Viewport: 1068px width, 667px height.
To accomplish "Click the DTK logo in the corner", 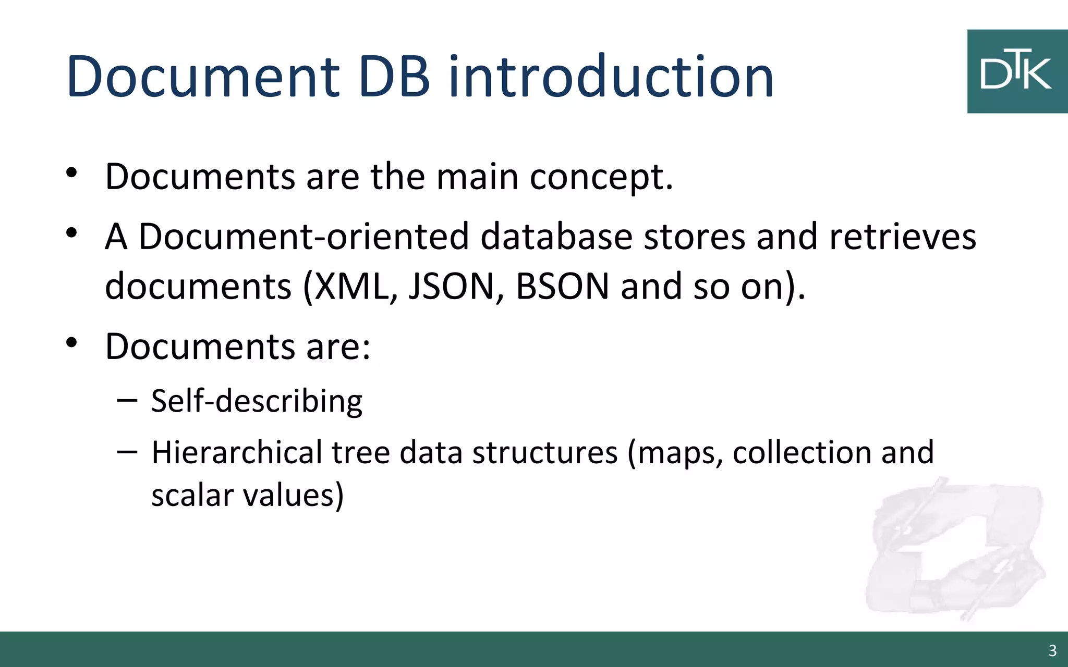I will (1016, 71).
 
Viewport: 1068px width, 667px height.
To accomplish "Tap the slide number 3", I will (1052, 651).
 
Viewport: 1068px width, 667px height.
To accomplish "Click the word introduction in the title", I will (611, 77).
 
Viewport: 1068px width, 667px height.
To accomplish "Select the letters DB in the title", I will (395, 77).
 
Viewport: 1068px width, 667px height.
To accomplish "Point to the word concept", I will (601, 177).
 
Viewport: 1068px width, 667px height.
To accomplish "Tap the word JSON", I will (452, 286).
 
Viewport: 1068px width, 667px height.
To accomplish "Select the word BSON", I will (562, 286).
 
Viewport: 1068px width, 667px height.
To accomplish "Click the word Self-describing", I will (257, 401).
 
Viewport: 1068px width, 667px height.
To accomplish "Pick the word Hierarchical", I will (237, 452).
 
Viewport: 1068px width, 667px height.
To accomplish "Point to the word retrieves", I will (902, 237).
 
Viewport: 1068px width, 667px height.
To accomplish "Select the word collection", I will (801, 452).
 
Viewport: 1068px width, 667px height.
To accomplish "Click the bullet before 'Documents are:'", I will (72, 343).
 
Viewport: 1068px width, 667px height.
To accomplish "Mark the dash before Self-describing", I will (127, 401).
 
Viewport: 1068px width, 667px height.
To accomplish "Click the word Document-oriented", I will (304, 237).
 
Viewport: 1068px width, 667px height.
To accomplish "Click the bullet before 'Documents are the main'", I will (72, 173).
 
